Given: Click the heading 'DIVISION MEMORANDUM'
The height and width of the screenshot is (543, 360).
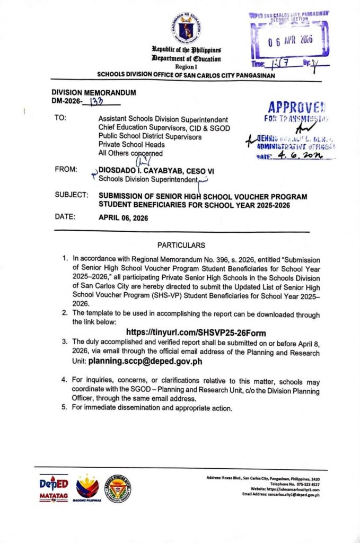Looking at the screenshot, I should [x=94, y=92].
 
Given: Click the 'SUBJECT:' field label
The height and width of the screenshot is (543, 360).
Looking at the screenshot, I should [x=71, y=196].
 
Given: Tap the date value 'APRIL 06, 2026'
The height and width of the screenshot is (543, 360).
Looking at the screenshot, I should [x=124, y=217].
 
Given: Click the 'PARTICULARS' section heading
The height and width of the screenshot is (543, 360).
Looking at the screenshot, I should [x=180, y=245].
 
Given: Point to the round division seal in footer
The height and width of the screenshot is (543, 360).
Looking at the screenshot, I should [x=118, y=488].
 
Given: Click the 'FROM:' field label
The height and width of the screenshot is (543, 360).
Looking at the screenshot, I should [x=66, y=170].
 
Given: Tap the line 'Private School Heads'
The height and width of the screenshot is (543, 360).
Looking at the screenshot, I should [x=131, y=145].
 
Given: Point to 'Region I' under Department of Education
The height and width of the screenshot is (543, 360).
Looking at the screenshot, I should [x=185, y=67].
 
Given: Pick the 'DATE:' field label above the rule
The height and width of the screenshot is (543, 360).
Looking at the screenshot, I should [x=66, y=217].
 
